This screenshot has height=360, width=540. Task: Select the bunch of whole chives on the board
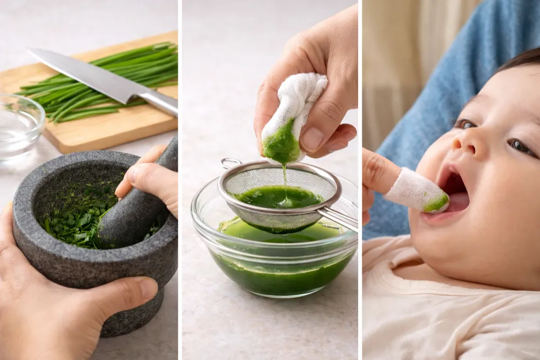(108, 81)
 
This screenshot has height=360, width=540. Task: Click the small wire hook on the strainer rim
(230, 161)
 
